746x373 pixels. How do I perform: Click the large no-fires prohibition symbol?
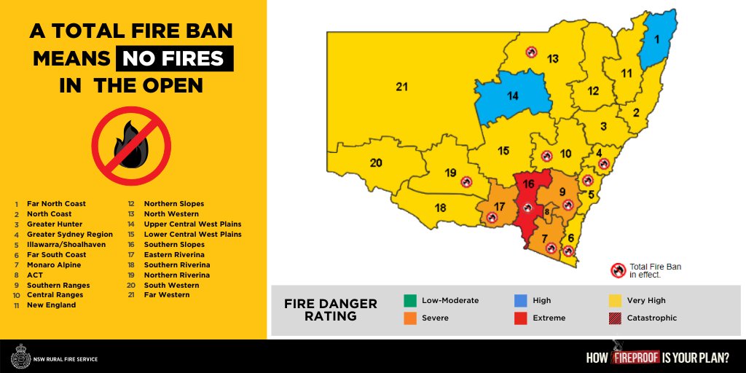(x=131, y=146)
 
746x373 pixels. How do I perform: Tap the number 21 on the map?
(x=401, y=87)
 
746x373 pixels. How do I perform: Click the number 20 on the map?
(x=376, y=162)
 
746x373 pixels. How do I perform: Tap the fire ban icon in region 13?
(x=532, y=52)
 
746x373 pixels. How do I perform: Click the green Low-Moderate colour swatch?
(x=409, y=300)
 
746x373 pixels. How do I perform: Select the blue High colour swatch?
(x=520, y=300)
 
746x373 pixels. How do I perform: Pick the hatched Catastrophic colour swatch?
(x=614, y=318)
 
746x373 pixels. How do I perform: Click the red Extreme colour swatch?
(x=520, y=318)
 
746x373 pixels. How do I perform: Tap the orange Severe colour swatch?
(x=409, y=318)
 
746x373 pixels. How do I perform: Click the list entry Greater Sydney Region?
(x=69, y=235)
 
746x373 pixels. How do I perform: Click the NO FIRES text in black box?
(x=174, y=58)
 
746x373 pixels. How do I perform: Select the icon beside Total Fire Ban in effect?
(x=619, y=270)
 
